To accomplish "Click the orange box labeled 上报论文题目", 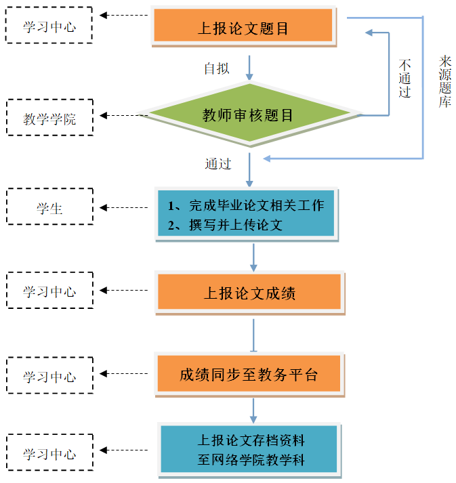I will pyautogui.click(x=243, y=28).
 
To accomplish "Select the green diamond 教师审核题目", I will pyautogui.click(x=249, y=114).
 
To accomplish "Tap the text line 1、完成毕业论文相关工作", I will pyautogui.click(x=246, y=205).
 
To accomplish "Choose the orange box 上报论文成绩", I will pyautogui.click(x=249, y=293).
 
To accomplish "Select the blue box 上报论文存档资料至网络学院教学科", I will pyautogui.click(x=250, y=450).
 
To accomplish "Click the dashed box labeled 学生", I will pyautogui.click(x=49, y=208).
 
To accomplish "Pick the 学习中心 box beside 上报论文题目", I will pyautogui.click(x=49, y=26).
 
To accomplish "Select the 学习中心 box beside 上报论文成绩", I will pyautogui.click(x=49, y=291).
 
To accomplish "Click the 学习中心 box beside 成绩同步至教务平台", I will pyautogui.click(x=49, y=377).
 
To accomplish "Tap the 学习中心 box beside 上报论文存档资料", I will pyautogui.click(x=49, y=453).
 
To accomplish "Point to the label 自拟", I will pyautogui.click(x=217, y=68).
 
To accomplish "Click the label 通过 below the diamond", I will pyautogui.click(x=218, y=163).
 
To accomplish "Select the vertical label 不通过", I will pyautogui.click(x=405, y=78).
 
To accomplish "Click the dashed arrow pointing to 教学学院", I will pyautogui.click(x=122, y=115).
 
